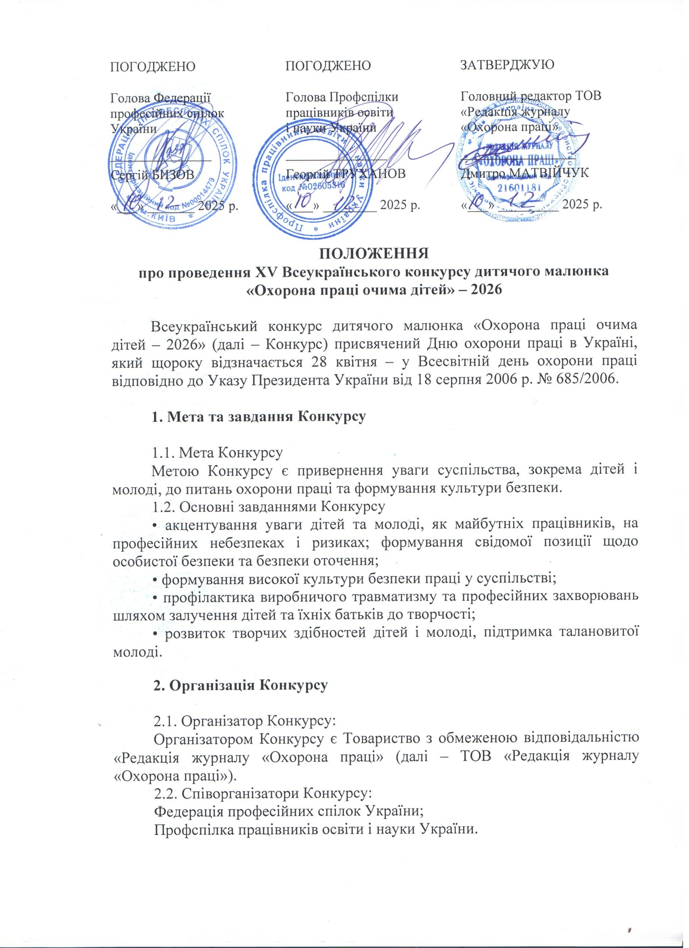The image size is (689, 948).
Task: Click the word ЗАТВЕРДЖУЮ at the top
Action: coord(507,64)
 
